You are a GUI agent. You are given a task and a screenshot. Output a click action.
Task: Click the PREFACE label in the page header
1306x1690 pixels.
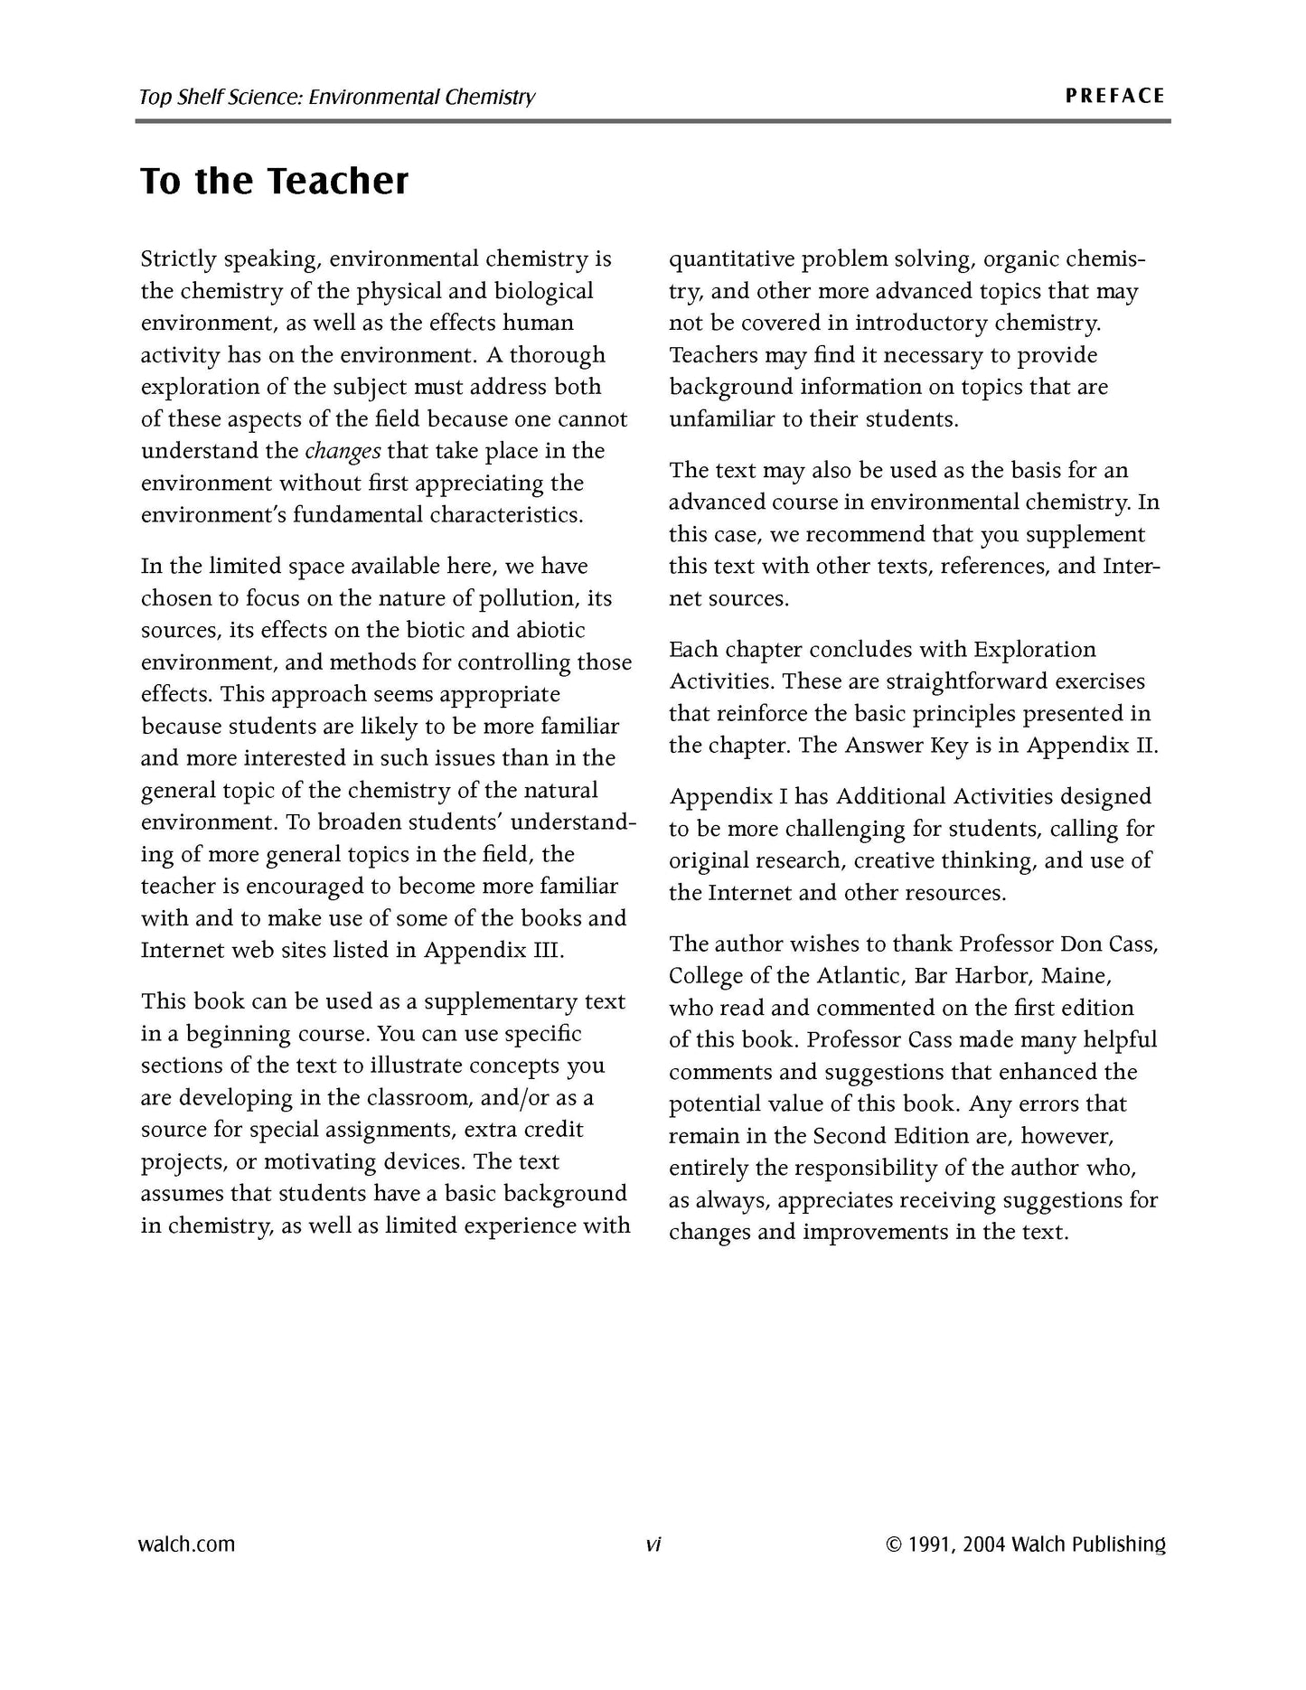(1114, 96)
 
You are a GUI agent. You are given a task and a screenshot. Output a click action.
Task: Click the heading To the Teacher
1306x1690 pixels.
(274, 181)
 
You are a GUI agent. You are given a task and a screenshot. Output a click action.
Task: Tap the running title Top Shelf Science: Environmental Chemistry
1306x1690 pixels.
(336, 97)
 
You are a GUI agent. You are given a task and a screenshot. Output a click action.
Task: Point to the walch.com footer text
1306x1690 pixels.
(186, 1544)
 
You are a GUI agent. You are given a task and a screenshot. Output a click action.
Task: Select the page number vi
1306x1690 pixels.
(653, 1544)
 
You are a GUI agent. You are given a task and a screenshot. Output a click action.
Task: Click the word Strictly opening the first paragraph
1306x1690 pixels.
(178, 259)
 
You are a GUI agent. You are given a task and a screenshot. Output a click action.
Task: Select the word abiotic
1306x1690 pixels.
(550, 630)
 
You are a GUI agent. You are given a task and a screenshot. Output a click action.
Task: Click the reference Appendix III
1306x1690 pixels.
(493, 951)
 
